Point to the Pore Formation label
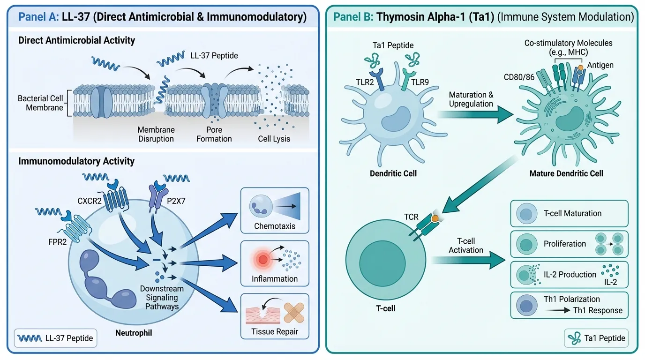click(x=214, y=134)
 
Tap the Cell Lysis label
click(x=274, y=139)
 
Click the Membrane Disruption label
click(x=156, y=134)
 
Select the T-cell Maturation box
click(x=569, y=213)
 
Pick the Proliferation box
click(x=569, y=244)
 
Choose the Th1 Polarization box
click(x=569, y=305)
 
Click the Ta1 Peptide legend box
click(x=595, y=338)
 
